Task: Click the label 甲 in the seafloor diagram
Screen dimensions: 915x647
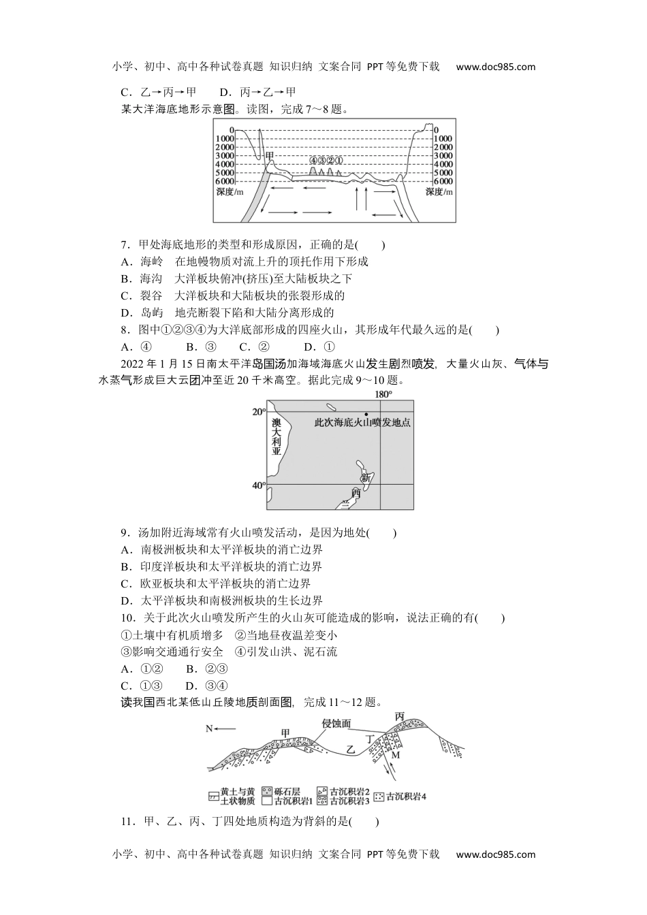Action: click(x=270, y=156)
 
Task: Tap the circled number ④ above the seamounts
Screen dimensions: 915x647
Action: click(x=313, y=161)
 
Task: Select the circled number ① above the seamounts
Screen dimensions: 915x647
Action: click(x=338, y=161)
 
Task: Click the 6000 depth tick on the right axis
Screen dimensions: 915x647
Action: click(x=443, y=182)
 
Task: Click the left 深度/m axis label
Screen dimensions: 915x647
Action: click(x=230, y=192)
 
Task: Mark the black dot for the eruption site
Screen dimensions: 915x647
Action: click(x=366, y=414)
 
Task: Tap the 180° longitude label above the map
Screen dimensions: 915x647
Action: click(x=383, y=394)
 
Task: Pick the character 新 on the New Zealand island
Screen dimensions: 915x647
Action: click(x=366, y=477)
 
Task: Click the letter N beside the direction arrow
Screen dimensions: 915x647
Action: click(x=210, y=729)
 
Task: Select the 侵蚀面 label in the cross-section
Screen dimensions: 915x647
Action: click(x=336, y=724)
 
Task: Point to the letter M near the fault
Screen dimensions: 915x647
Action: click(x=396, y=754)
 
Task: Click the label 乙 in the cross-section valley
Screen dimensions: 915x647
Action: click(x=351, y=749)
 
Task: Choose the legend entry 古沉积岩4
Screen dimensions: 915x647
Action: click(x=406, y=797)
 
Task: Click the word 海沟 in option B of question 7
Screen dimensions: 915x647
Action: click(x=151, y=278)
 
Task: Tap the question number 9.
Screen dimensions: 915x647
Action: click(x=124, y=533)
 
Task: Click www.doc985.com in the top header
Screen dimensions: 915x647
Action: click(x=496, y=67)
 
